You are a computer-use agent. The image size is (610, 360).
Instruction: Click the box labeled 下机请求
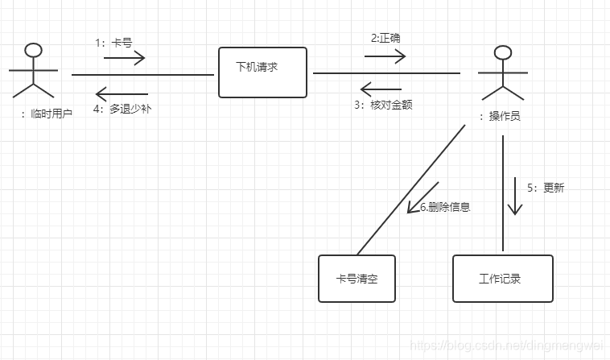[x=262, y=72]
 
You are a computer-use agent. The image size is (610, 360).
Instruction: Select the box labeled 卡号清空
[x=357, y=279]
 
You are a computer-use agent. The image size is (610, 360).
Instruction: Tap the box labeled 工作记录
[x=502, y=279]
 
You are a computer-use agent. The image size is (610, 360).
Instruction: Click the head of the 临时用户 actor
[x=32, y=50]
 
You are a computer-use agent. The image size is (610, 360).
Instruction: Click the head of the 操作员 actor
[x=502, y=53]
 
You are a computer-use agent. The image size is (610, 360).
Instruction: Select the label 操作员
[x=500, y=116]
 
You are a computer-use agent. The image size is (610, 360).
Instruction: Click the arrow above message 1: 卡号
[x=123, y=57]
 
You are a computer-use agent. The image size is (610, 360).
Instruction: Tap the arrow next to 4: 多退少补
[x=122, y=93]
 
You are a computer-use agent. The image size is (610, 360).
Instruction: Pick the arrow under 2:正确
[x=385, y=56]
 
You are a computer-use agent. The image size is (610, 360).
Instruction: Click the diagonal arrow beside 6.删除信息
[x=422, y=198]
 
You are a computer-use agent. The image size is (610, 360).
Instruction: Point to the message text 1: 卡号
[x=113, y=43]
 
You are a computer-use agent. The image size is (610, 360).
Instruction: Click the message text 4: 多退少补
[x=122, y=108]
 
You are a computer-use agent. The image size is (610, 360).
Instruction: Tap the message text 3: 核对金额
[x=384, y=105]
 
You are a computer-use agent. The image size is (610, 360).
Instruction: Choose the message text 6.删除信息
[x=445, y=207]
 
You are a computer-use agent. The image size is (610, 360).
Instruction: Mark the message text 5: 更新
[x=546, y=188]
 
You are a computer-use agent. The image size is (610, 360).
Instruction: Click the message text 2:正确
[x=385, y=38]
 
